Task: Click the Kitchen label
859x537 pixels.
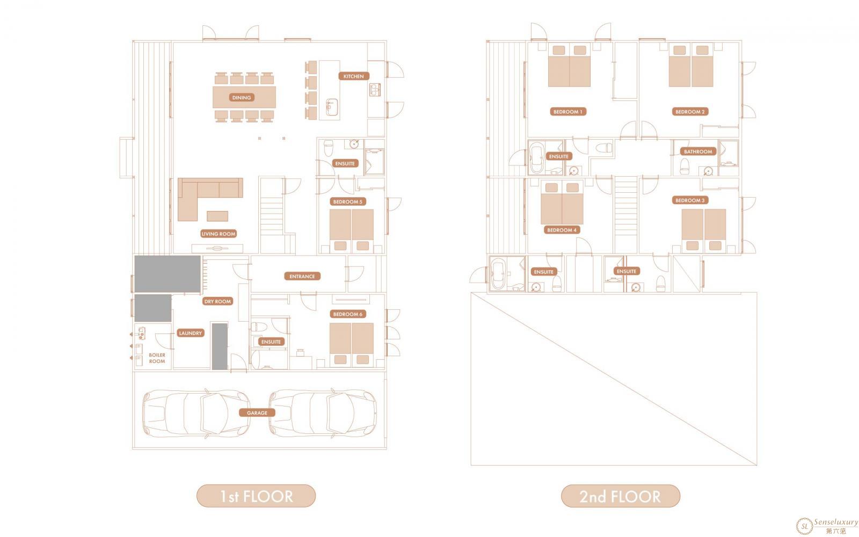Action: [354, 76]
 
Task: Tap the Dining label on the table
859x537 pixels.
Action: [242, 97]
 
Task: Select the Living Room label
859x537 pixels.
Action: [219, 234]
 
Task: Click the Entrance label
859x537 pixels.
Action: [302, 276]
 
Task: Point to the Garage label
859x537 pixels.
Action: [257, 413]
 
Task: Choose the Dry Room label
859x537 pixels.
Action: [217, 301]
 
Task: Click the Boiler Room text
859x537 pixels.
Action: [157, 358]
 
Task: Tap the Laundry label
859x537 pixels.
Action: [190, 333]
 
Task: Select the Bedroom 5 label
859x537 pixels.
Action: [347, 201]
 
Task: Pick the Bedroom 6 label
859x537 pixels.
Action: [347, 314]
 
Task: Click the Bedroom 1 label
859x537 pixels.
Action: [567, 112]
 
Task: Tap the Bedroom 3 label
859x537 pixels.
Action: [690, 200]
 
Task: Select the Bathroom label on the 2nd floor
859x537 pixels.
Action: [698, 151]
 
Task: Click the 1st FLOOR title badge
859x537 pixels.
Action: [256, 496]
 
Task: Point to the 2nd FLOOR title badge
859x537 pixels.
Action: [621, 496]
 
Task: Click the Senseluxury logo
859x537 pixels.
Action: [827, 526]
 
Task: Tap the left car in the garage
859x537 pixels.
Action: [196, 413]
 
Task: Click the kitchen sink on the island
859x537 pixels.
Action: [332, 107]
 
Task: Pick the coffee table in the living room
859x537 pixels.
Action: [217, 216]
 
